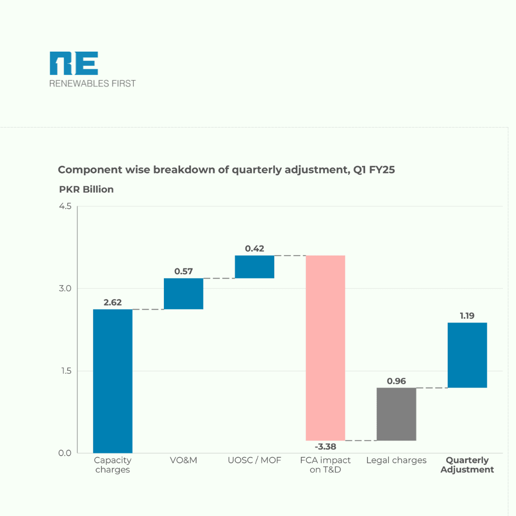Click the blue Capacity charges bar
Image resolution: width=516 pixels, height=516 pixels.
click(113, 381)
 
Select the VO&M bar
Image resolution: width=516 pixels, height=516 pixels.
click(183, 294)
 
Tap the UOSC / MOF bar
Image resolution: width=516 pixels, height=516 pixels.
click(255, 267)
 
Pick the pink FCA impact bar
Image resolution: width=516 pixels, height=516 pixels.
click(325, 348)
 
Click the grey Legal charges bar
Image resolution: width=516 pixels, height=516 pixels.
click(397, 414)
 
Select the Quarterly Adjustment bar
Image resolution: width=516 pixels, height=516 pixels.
click(467, 355)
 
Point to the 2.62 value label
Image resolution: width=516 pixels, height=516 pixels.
click(113, 302)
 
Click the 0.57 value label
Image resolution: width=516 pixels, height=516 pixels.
click(183, 271)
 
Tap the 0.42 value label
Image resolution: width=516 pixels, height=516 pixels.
click(255, 248)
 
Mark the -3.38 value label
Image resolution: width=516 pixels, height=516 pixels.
click(325, 447)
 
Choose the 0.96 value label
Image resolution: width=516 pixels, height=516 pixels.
click(397, 381)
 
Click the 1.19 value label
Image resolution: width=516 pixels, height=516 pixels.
click(467, 316)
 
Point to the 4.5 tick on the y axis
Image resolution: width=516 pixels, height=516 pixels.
click(65, 206)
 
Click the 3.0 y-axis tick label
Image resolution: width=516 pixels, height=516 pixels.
click(65, 289)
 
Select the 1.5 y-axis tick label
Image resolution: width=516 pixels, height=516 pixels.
click(65, 371)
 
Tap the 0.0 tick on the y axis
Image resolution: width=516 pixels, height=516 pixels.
click(65, 453)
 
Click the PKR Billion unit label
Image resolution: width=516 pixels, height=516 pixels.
click(86, 189)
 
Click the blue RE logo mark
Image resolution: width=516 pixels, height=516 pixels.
click(74, 64)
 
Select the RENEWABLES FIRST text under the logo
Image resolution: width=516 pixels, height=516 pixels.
click(93, 84)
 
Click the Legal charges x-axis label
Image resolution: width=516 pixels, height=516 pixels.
click(397, 461)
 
